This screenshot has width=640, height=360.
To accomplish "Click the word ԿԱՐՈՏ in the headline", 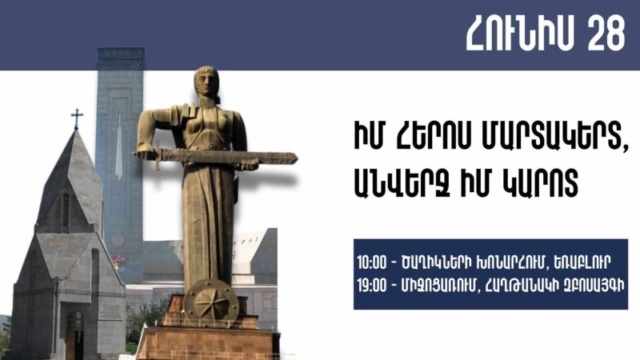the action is pyautogui.click(x=538, y=184).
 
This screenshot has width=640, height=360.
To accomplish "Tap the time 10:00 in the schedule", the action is pyautogui.click(x=371, y=263).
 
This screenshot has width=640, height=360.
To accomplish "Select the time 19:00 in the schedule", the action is pyautogui.click(x=371, y=286).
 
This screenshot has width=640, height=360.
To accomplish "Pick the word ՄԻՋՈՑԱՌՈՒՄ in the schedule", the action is pyautogui.click(x=438, y=286).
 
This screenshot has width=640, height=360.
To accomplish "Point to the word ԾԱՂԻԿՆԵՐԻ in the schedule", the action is pyautogui.click(x=436, y=263).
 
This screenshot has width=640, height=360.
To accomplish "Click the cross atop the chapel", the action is pyautogui.click(x=77, y=118).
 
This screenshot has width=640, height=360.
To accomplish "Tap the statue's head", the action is pyautogui.click(x=206, y=82).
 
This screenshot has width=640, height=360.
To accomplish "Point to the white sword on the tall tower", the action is pyautogui.click(x=118, y=147).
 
